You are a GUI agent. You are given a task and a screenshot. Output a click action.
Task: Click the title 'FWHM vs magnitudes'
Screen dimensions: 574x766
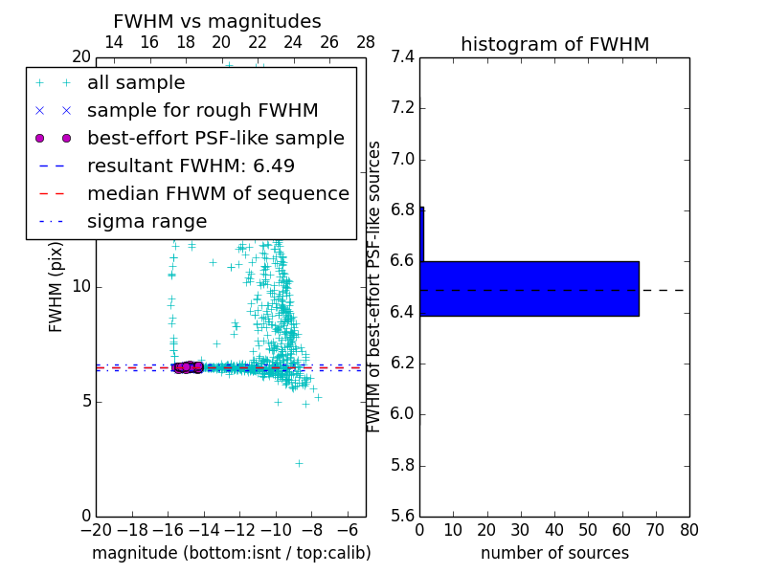pyautogui.click(x=217, y=21)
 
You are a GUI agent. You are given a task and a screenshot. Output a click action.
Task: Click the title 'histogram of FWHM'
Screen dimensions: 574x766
pyautogui.click(x=554, y=44)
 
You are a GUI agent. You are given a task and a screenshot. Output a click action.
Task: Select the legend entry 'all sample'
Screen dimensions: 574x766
pyautogui.click(x=136, y=83)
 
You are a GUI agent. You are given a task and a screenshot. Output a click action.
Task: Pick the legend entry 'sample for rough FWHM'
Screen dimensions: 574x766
pyautogui.click(x=202, y=111)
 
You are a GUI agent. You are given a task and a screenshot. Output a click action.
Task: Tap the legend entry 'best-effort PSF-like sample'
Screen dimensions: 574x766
pyautogui.click(x=215, y=139)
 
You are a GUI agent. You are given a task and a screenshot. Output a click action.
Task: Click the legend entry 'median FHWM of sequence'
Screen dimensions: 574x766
pyautogui.click(x=217, y=194)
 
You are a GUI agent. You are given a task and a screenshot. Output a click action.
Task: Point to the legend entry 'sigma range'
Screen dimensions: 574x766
pyautogui.click(x=146, y=222)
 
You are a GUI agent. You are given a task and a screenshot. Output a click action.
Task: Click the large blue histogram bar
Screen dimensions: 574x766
pyautogui.click(x=529, y=288)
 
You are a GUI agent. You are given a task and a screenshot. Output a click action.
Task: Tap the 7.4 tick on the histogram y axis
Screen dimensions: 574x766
pyautogui.click(x=402, y=56)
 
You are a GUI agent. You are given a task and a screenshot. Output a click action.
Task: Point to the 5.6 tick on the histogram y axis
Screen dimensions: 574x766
pyautogui.click(x=402, y=517)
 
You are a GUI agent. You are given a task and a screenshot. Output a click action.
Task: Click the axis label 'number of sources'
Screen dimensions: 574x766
pyautogui.click(x=554, y=553)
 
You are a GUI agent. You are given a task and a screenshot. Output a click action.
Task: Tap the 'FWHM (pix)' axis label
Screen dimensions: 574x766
pyautogui.click(x=56, y=286)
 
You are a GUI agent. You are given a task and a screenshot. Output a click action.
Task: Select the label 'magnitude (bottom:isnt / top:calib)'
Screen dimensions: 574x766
pyautogui.click(x=231, y=553)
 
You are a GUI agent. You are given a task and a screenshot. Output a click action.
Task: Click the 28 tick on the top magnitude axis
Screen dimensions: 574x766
pyautogui.click(x=366, y=42)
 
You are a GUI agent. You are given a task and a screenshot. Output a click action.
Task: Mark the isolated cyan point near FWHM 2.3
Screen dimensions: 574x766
pyautogui.click(x=299, y=463)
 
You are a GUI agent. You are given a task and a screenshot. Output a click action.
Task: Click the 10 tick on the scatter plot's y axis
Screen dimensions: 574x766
pyautogui.click(x=80, y=286)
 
